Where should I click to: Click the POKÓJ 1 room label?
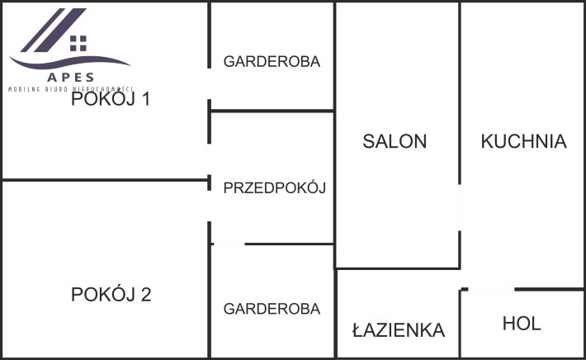point(111,100)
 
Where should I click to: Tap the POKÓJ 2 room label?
point(111,295)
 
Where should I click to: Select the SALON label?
point(395,141)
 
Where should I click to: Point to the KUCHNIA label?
point(523,141)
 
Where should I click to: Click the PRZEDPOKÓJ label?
point(275,188)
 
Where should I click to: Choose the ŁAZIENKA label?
point(399,331)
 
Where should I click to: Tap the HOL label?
point(522,324)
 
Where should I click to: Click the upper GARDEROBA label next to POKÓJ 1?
point(272,61)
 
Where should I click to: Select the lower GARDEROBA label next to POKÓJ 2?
point(272,309)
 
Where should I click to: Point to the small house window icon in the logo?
point(78,42)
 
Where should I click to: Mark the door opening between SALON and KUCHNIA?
point(460,203)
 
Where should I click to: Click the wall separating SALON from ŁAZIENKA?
point(396,268)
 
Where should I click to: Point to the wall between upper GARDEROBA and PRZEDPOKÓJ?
point(272,111)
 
